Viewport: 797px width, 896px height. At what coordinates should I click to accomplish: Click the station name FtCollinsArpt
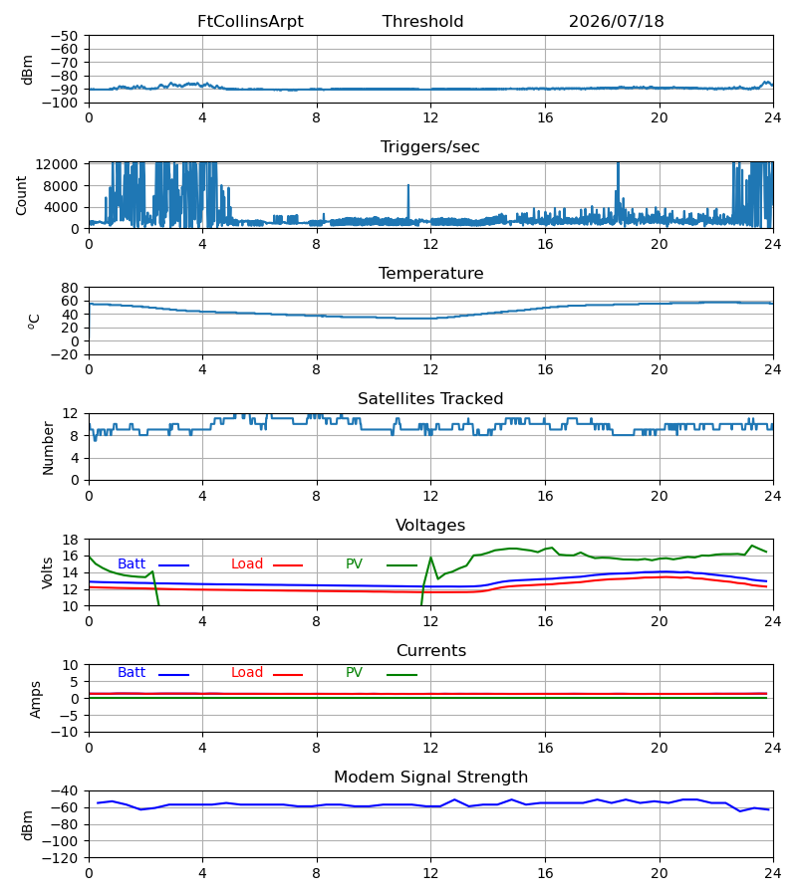click(250, 21)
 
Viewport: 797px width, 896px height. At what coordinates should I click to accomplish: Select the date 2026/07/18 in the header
click(617, 21)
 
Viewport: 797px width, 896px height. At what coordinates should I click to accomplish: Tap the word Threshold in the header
click(422, 21)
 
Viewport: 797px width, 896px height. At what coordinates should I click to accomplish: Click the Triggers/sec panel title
click(430, 147)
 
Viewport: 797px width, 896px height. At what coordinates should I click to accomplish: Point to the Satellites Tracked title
click(430, 398)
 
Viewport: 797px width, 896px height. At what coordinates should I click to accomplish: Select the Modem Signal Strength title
click(430, 778)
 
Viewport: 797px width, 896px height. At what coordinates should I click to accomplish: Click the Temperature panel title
click(430, 273)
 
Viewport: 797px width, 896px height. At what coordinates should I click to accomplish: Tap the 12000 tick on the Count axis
click(57, 164)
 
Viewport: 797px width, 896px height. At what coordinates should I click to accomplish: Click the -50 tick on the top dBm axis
click(64, 36)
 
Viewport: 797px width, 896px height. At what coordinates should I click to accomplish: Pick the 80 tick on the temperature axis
click(69, 288)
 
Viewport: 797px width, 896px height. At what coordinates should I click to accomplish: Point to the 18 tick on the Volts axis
click(69, 540)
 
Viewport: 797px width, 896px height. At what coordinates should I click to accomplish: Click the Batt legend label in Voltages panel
click(132, 564)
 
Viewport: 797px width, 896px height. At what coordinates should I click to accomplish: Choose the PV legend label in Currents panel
click(354, 673)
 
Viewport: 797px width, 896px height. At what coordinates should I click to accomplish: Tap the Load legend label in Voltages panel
click(247, 564)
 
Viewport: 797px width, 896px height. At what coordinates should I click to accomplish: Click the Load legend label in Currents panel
click(247, 673)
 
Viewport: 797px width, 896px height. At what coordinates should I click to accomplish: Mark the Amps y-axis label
click(35, 699)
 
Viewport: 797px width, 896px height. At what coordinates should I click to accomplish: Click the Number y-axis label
click(48, 448)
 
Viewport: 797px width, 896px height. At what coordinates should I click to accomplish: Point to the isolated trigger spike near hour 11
click(408, 201)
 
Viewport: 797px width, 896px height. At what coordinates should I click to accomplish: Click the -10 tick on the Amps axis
click(64, 732)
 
